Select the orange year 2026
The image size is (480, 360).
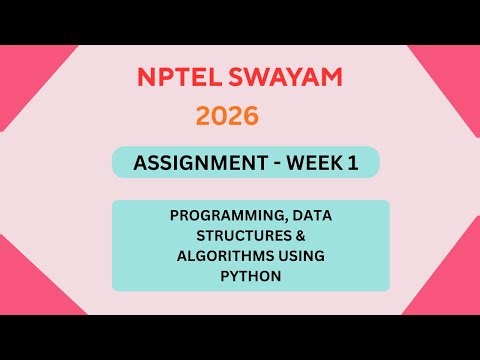pyautogui.click(x=227, y=116)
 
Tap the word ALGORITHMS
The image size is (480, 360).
pyautogui.click(x=211, y=256)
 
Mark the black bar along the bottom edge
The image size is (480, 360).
pyautogui.click(x=240, y=337)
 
